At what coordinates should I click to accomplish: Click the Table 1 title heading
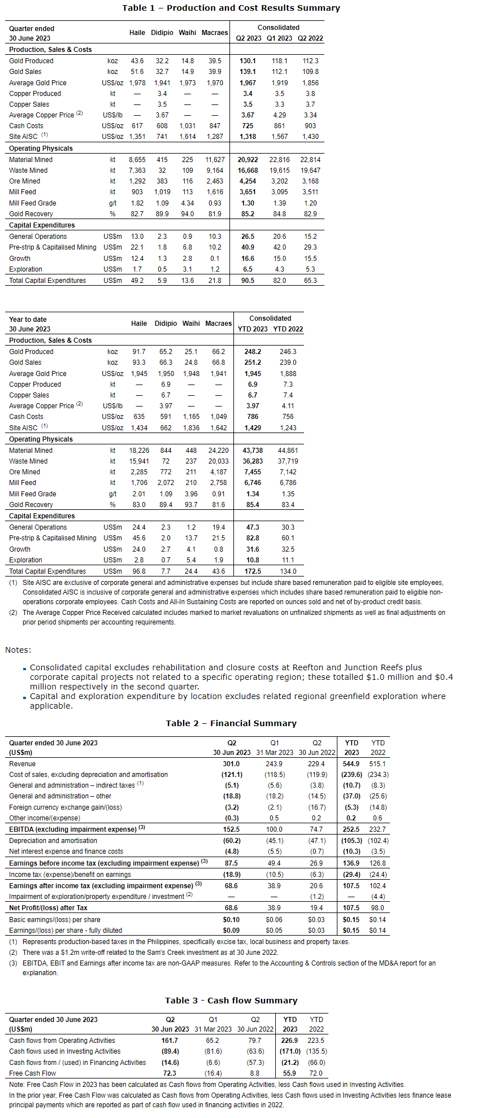(231, 8)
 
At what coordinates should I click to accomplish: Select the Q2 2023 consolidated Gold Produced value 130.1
(248, 61)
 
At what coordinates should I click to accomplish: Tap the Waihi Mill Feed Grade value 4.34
(188, 203)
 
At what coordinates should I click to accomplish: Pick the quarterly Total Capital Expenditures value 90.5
(248, 281)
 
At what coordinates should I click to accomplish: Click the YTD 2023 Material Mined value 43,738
(253, 451)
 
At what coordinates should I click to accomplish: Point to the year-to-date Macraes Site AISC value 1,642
(218, 428)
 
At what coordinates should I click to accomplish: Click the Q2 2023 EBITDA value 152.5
(231, 829)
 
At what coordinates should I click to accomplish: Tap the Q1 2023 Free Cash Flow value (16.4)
(213, 1073)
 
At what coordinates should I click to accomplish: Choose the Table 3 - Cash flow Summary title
(231, 1001)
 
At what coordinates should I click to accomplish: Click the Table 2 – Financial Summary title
(231, 723)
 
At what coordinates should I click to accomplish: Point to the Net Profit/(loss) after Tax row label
(48, 908)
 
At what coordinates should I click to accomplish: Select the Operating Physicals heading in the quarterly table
(41, 149)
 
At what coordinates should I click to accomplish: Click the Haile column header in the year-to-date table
(139, 324)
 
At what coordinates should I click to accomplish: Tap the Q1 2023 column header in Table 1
(279, 38)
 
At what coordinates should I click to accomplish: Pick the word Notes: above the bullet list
(18, 650)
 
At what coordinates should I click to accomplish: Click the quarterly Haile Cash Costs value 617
(137, 126)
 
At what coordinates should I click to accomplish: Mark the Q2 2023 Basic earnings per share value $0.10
(231, 920)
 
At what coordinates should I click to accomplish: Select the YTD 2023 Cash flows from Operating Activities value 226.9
(289, 1041)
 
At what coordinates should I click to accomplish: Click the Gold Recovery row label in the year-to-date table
(31, 505)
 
